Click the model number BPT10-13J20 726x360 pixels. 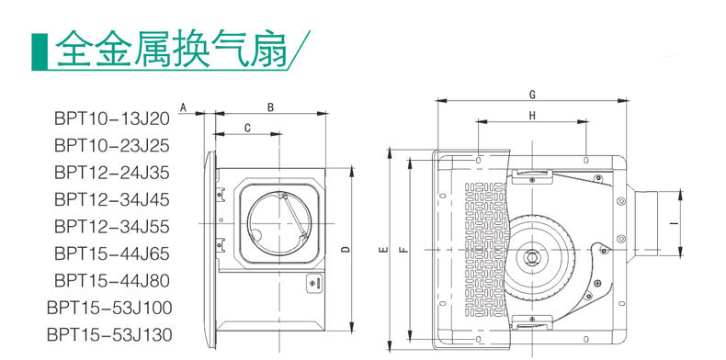pyautogui.click(x=112, y=118)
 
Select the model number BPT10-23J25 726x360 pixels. pyautogui.click(x=112, y=146)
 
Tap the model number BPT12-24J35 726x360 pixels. pyautogui.click(x=112, y=173)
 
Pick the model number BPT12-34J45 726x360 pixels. pyautogui.click(x=112, y=199)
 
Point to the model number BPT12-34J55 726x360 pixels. pyautogui.click(x=112, y=227)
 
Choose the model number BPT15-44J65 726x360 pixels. pyautogui.click(x=112, y=253)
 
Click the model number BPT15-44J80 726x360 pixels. pyautogui.click(x=112, y=280)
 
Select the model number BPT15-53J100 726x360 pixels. pyautogui.click(x=109, y=308)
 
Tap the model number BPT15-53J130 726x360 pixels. pyautogui.click(x=109, y=334)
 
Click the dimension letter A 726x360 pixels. pyautogui.click(x=183, y=107)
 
